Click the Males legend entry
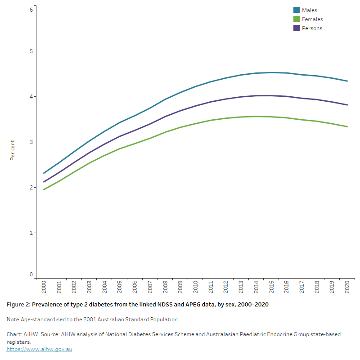click(310, 10)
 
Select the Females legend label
click(312, 19)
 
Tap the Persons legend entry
click(312, 28)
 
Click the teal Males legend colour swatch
click(297, 10)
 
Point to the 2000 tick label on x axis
click(44, 287)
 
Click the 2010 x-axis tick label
click(196, 287)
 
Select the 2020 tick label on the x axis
click(347, 287)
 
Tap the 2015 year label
click(271, 287)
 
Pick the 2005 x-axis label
click(120, 287)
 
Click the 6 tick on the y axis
click(31, 9)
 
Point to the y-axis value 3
click(31, 142)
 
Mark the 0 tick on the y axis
click(31, 274)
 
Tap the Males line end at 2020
click(347, 81)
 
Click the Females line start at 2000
click(44, 189)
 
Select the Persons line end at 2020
click(347, 105)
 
